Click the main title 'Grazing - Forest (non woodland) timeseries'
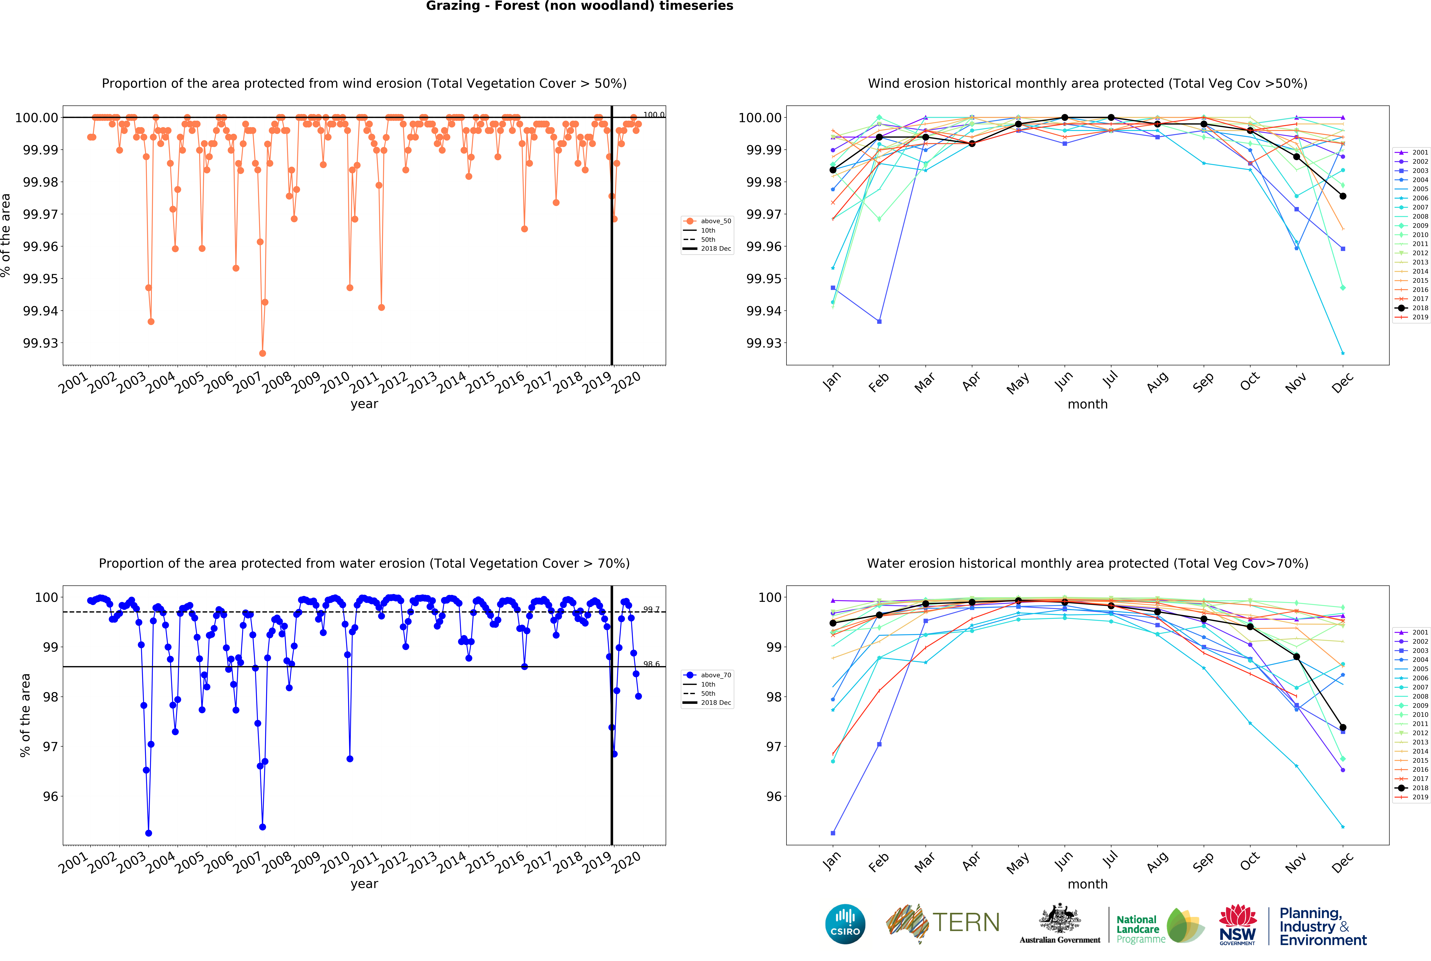coord(579,6)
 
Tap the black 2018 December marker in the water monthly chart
coord(1343,727)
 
